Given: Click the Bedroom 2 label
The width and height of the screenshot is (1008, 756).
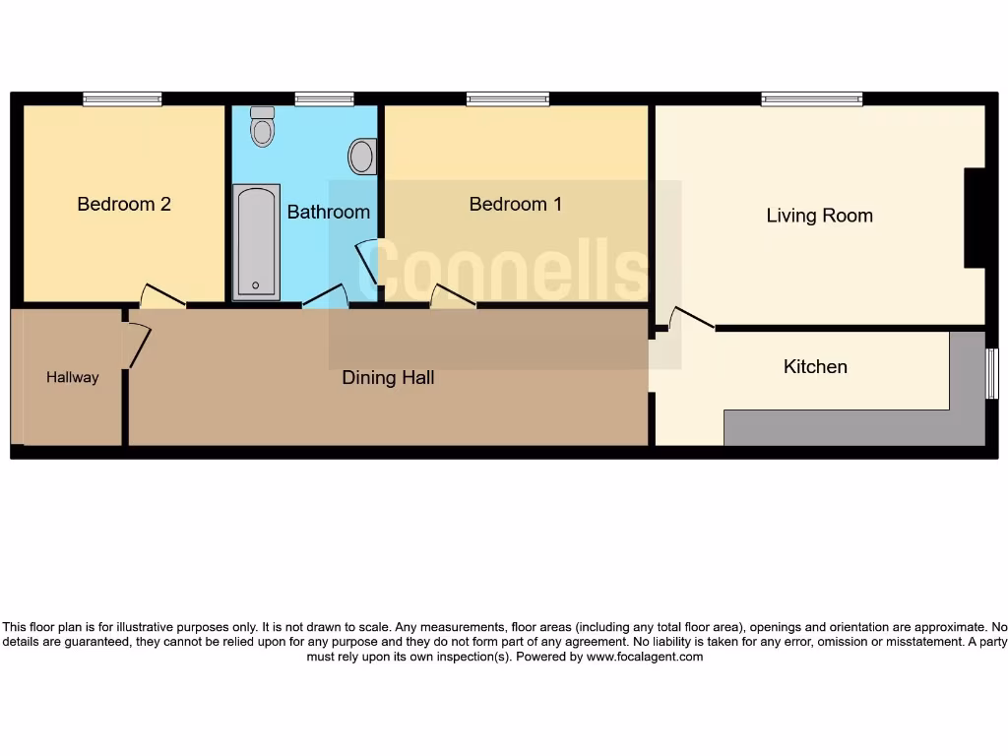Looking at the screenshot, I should [124, 205].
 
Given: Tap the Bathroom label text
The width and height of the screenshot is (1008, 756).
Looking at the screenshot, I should [328, 212].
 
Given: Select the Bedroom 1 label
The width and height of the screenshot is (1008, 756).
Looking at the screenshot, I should [515, 205].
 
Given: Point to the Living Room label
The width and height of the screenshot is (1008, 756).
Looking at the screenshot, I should [819, 216].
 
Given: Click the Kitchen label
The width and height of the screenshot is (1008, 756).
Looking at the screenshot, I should [815, 367].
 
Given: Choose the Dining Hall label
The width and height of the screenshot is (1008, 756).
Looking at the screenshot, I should [388, 378].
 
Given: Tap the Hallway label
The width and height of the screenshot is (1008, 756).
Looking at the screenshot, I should [72, 377].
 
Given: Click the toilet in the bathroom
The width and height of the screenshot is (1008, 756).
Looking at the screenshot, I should [262, 126].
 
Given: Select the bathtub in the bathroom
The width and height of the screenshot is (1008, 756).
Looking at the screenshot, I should [256, 241].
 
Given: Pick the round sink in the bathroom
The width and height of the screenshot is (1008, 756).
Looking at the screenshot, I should [362, 156].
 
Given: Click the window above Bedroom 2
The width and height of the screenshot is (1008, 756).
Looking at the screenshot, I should [122, 98].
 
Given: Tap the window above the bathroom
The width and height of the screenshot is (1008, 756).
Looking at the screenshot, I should [324, 98].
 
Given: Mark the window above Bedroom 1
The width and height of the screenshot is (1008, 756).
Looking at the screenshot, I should [508, 98].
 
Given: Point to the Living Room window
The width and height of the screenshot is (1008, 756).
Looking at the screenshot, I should [812, 98].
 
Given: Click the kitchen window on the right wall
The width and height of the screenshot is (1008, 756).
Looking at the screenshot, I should [991, 374].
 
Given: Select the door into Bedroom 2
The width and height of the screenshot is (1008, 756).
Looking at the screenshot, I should [162, 296].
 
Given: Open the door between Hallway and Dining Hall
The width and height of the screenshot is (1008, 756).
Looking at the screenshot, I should [137, 346].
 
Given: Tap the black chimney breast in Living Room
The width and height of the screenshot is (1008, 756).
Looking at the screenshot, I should [975, 219].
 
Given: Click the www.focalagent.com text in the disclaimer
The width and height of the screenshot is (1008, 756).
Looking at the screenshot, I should [645, 657].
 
